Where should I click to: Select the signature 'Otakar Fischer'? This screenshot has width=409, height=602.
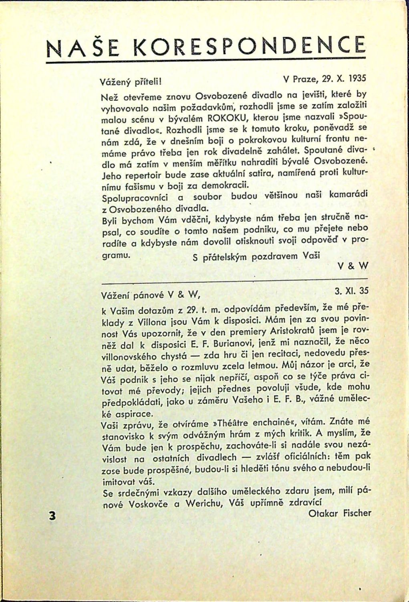pos(340,513)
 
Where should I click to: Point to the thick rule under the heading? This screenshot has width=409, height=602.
pos(206,62)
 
